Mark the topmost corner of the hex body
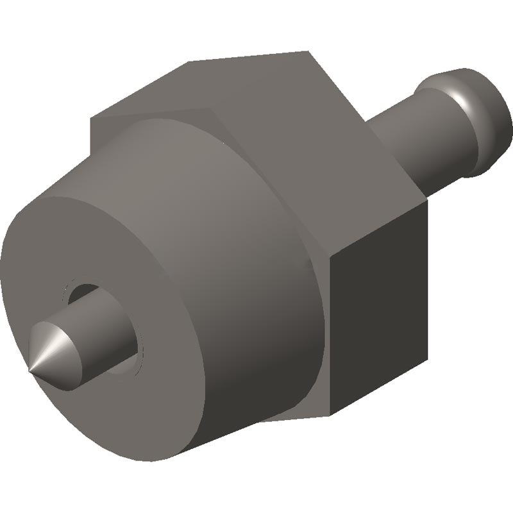308,51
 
